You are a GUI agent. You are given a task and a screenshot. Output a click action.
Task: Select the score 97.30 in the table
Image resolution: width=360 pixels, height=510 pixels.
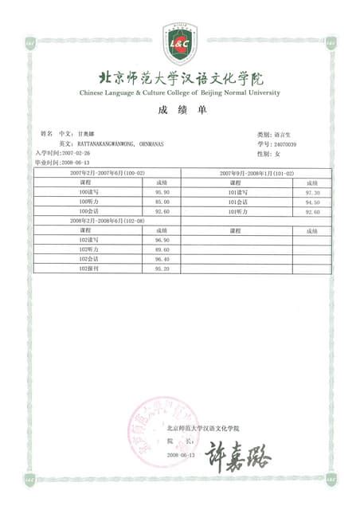(x=312, y=193)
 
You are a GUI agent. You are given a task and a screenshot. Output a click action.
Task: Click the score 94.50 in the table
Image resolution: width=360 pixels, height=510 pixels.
(x=312, y=202)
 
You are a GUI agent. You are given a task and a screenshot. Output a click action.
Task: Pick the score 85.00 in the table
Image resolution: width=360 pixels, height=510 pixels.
(x=162, y=202)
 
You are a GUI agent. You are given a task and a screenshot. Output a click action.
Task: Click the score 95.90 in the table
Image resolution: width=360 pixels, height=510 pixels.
(x=162, y=193)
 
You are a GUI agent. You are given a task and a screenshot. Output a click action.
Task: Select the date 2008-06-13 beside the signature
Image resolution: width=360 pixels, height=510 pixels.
(x=181, y=454)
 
